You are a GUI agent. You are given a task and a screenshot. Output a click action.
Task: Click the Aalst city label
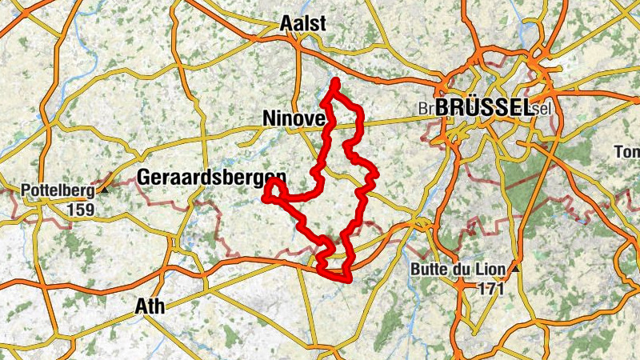coord(303,24)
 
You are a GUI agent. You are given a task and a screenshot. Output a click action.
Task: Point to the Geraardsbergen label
coord(211,177)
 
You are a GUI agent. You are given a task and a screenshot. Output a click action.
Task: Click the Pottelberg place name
coord(56,191)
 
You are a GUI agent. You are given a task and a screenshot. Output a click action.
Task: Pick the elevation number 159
coord(81,210)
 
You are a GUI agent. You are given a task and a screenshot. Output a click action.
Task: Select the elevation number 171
coord(490,288)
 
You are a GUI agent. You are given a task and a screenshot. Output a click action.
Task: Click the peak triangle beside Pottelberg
coord(103,192)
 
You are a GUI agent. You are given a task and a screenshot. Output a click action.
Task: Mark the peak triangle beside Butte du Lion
coord(518,270)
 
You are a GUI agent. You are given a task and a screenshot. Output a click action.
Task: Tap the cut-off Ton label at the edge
coord(628,152)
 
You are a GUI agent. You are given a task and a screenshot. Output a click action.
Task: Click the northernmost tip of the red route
coord(335,82)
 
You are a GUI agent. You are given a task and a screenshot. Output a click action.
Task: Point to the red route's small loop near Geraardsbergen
coord(272,190)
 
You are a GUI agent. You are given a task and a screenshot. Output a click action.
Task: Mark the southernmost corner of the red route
coord(348,279)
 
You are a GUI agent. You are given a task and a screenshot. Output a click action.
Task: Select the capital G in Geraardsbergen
coord(145,177)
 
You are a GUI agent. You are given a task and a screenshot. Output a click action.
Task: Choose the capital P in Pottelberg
coord(24,191)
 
